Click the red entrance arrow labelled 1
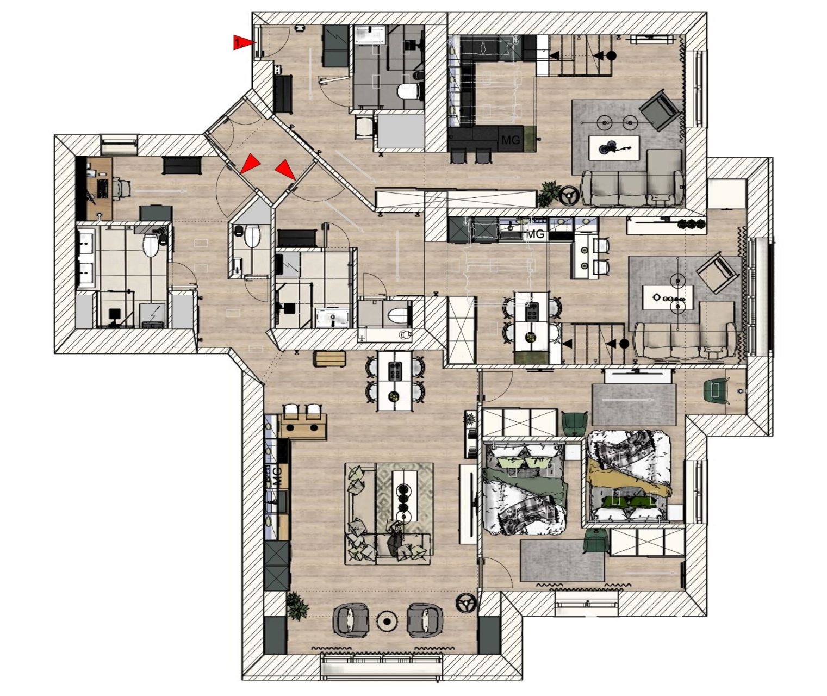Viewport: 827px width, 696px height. point(243,42)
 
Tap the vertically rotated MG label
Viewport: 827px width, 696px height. point(277,476)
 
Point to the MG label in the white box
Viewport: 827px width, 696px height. point(536,234)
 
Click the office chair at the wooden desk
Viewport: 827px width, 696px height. point(121,187)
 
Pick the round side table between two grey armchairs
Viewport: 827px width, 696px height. point(387,621)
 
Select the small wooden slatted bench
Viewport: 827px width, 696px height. point(329,358)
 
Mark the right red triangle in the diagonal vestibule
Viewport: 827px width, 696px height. point(285,169)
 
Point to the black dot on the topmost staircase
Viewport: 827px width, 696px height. point(612,55)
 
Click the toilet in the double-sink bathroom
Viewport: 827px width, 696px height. point(151,245)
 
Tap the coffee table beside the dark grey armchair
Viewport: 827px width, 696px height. point(614,148)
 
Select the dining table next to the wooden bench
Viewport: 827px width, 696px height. point(395,380)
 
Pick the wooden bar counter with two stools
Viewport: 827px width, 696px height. point(304,427)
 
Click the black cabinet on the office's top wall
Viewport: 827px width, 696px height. point(182,165)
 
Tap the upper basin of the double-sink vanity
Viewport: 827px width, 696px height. point(86,243)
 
